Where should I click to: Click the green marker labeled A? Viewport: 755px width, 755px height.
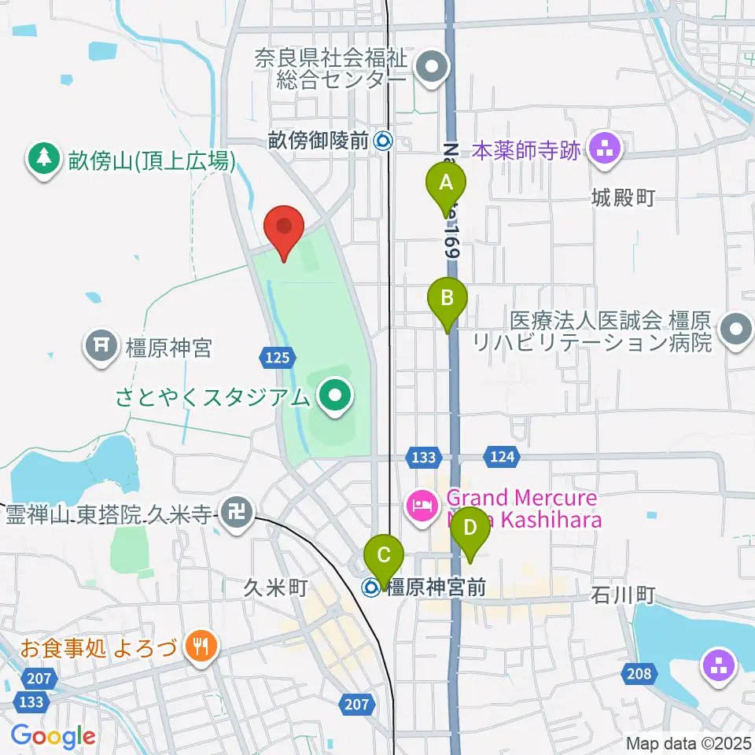(446, 186)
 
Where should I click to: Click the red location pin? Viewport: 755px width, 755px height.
(284, 228)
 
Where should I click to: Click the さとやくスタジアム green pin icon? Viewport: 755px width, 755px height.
(336, 396)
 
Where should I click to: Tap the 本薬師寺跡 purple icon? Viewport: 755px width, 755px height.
(604, 147)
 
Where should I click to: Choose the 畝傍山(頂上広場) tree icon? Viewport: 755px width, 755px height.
(44, 160)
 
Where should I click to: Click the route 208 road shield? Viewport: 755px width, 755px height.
(640, 672)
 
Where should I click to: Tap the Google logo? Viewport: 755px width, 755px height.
(53, 737)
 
